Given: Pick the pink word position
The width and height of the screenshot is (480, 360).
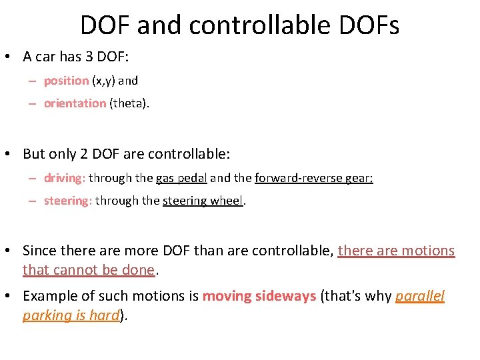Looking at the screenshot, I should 66,81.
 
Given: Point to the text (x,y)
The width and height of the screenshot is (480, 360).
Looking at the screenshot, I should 103,81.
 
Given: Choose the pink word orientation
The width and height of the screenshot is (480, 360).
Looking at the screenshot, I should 75,103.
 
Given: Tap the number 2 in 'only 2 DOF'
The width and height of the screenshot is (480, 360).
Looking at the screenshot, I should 84,154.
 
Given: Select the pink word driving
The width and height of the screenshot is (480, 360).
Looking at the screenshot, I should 64,178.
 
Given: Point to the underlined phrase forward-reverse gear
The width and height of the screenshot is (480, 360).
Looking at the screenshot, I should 313,178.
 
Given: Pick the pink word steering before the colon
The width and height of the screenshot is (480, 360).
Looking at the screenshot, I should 66,201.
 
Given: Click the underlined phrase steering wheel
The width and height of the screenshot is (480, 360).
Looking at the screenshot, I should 203,201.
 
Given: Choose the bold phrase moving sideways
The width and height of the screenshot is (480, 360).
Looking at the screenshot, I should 259,296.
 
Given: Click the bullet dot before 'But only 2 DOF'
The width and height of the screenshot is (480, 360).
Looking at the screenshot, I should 11,154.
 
